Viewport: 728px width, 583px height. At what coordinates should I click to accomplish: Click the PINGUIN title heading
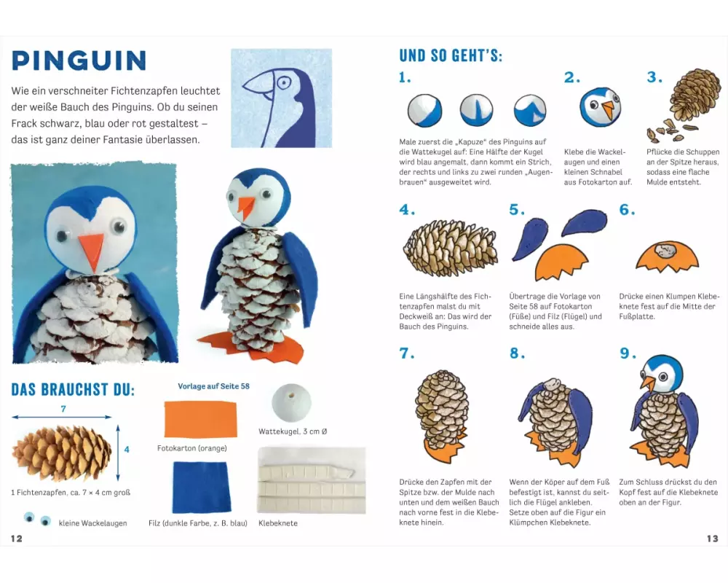[79, 60]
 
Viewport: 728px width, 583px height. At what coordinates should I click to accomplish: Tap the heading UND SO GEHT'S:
[451, 56]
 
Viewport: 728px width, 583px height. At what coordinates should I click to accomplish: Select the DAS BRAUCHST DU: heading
[73, 389]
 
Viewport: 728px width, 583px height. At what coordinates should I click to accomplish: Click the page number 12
[17, 539]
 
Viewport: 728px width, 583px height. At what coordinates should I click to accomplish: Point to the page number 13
[712, 539]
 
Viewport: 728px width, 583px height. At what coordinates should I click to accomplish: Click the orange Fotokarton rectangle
[201, 419]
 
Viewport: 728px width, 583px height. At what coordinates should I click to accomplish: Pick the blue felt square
[201, 487]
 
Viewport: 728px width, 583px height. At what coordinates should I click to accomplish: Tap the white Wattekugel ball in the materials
[291, 402]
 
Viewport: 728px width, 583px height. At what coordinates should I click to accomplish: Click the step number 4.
[407, 210]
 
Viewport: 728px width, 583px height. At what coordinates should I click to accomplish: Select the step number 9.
[628, 353]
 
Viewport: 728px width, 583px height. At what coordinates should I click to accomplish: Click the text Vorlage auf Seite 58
[213, 386]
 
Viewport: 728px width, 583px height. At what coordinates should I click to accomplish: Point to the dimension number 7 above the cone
[63, 409]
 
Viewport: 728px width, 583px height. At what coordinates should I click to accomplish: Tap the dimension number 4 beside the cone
[127, 450]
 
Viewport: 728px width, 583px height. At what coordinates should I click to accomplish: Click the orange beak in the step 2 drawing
[608, 110]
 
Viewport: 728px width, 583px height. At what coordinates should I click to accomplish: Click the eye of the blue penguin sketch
[282, 83]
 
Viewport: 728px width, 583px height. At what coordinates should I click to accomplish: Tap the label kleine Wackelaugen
[93, 523]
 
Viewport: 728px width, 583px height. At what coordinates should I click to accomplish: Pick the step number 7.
[407, 353]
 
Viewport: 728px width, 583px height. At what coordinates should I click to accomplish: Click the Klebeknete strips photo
[312, 481]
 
